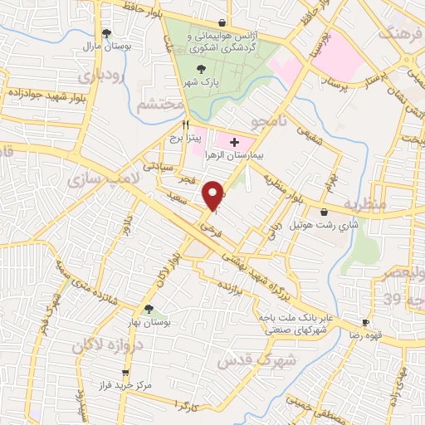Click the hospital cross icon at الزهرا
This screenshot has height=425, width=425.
click(233, 143)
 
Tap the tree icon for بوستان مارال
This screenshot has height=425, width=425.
click(106, 34)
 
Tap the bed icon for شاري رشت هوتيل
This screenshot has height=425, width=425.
click(323, 212)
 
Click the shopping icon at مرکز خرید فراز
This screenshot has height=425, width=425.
click(125, 374)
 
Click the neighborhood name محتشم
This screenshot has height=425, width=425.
click(150, 105)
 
